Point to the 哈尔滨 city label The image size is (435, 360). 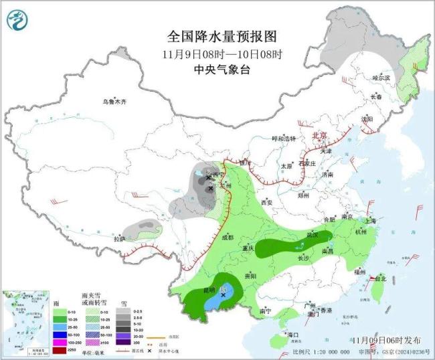[x=381, y=78]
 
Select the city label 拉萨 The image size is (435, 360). [x=119, y=239]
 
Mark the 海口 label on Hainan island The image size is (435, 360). [x=290, y=334]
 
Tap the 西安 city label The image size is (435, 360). [x=267, y=201]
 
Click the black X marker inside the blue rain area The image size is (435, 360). [x=223, y=294]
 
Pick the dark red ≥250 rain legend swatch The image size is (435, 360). [x=60, y=350]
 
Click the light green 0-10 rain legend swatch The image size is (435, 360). [x=60, y=312]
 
